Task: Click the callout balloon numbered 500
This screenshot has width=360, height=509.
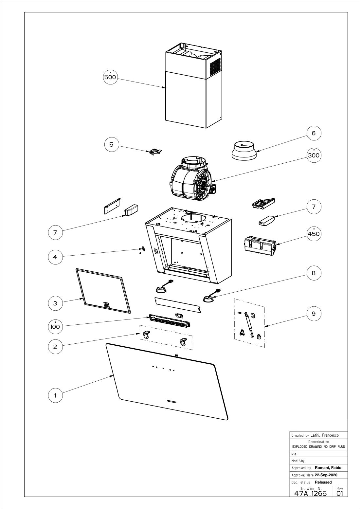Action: tap(110, 77)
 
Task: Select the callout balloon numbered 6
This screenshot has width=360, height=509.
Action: tap(314, 133)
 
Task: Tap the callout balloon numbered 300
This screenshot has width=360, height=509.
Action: tap(314, 155)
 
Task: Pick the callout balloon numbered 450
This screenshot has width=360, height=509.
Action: tap(314, 234)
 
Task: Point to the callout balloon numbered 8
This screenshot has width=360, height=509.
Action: tap(314, 273)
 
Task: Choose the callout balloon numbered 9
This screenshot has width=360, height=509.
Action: tap(314, 314)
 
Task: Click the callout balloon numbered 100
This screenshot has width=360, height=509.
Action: tap(55, 327)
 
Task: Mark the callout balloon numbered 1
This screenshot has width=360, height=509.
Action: tap(55, 396)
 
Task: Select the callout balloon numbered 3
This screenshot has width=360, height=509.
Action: tap(55, 303)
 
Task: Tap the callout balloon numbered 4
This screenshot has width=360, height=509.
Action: tap(55, 257)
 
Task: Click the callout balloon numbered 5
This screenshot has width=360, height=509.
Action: tap(112, 145)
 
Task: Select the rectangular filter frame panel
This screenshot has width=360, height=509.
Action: tap(103, 291)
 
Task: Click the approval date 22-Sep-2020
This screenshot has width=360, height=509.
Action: tap(326, 475)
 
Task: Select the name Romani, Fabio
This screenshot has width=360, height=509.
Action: tap(328, 468)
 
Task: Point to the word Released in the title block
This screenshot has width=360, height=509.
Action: tap(323, 482)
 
